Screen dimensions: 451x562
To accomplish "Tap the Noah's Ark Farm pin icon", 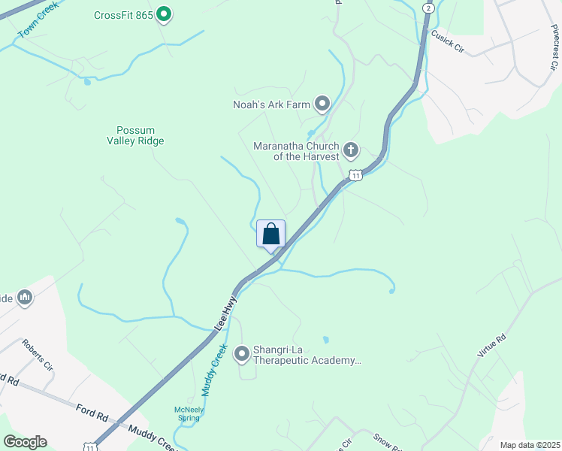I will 322,104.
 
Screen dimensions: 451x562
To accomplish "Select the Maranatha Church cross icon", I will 351,150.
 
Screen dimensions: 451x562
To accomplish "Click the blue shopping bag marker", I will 271,234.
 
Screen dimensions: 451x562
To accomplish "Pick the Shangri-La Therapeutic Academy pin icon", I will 242,353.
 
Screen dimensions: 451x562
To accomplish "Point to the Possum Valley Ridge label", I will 135,135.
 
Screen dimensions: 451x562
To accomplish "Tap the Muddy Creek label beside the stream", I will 213,370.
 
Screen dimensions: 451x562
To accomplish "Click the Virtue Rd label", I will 492,344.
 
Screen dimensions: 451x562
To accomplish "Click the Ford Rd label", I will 92,412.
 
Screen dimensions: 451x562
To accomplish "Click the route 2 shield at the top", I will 428,8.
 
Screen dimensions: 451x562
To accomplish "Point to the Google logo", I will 25,442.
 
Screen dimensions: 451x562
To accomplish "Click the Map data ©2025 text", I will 528,445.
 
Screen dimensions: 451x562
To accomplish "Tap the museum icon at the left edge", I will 24,298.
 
